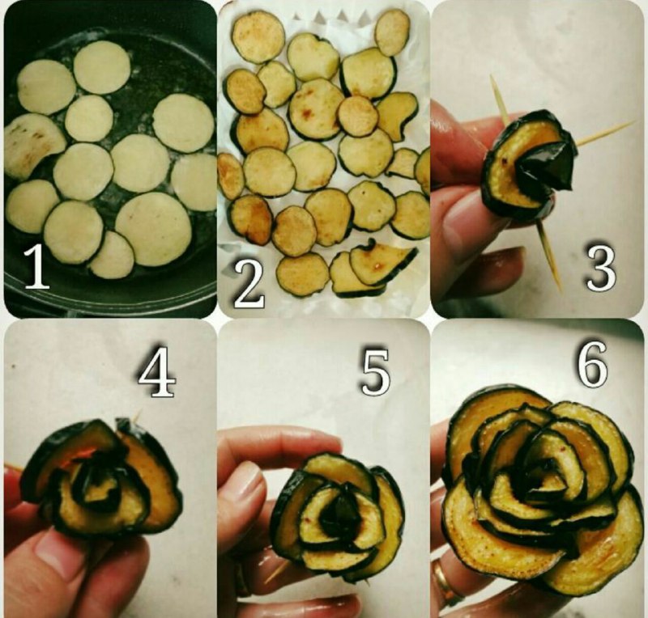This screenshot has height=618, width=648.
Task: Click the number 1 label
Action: [x=36, y=265]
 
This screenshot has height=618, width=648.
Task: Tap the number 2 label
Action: [x=249, y=284]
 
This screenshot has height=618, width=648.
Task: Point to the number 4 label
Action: [x=156, y=372]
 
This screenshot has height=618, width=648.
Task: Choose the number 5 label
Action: [x=375, y=372]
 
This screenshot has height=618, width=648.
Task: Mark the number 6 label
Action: [x=593, y=363]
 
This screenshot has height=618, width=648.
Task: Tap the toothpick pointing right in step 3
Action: [x=604, y=133]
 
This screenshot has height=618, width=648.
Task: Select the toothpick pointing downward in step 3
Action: [x=550, y=255]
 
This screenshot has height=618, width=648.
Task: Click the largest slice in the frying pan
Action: [x=153, y=228]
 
